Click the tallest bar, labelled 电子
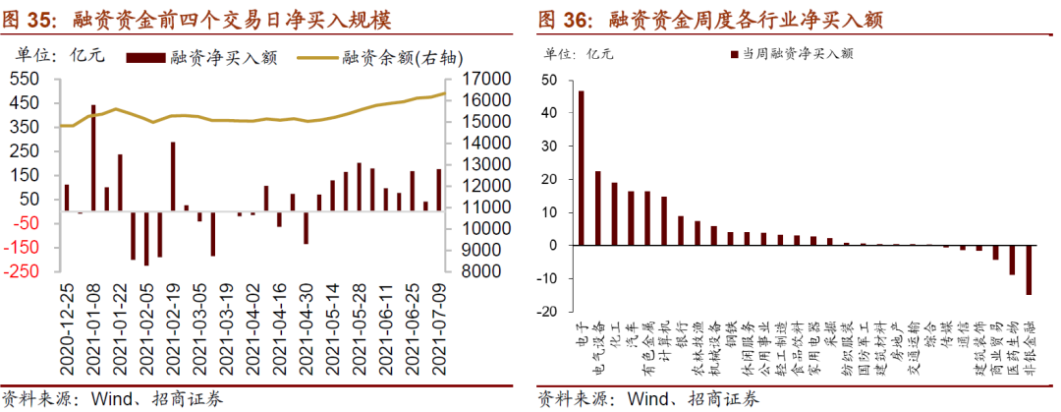coord(581,168)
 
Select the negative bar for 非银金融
coord(1029,269)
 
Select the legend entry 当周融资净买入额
coord(797,55)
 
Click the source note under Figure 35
coord(112,399)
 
